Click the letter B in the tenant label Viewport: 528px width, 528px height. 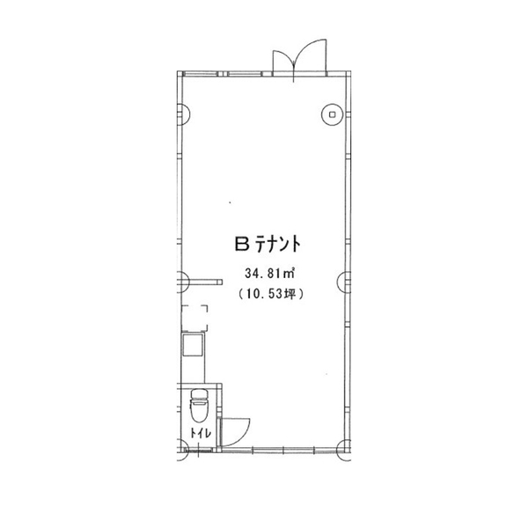pos(241,244)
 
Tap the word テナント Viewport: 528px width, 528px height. pos(278,244)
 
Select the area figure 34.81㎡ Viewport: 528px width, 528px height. pos(270,274)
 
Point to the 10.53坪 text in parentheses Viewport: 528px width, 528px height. pos(271,294)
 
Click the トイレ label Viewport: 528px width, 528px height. pos(201,433)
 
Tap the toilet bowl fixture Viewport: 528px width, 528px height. pos(200,410)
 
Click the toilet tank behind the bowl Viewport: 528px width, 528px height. pos(200,393)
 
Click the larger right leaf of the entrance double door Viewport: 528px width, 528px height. pos(312,54)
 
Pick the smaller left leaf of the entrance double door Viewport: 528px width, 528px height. pos(283,59)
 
